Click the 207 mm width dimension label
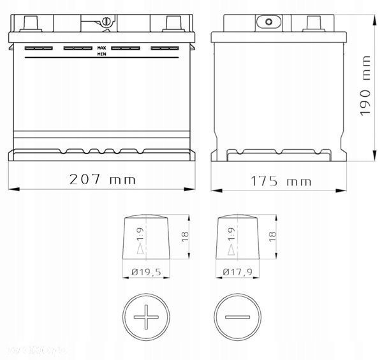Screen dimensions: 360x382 [x=102, y=179]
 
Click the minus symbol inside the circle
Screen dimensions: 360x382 [x=237, y=316]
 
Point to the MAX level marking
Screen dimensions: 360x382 [x=102, y=48]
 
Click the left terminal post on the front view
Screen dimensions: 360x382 [x=29, y=23]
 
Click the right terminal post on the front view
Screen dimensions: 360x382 [x=173, y=23]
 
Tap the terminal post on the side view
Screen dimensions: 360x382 [x=314, y=24]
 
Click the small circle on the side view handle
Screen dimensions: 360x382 [x=268, y=22]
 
